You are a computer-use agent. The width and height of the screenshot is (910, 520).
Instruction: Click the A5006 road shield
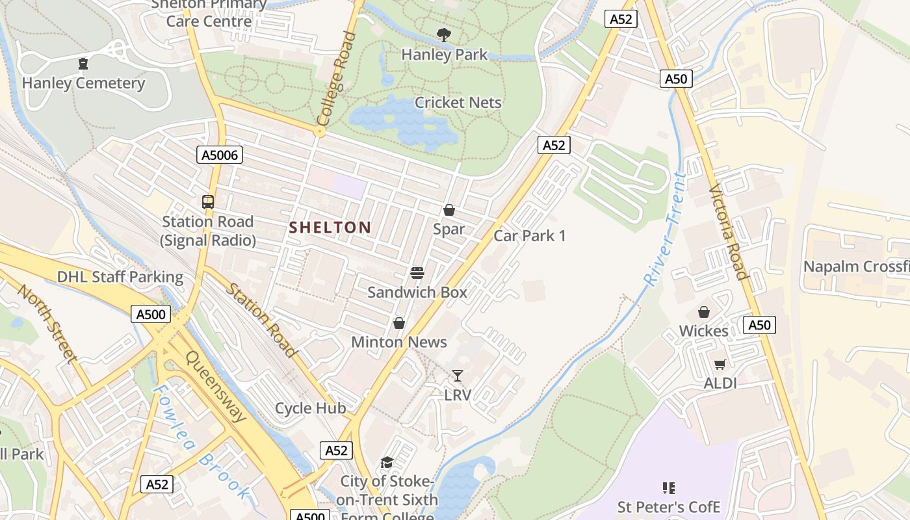[219, 155]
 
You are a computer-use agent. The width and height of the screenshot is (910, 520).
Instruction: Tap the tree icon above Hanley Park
[444, 35]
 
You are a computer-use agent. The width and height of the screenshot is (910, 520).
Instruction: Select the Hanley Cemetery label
[83, 83]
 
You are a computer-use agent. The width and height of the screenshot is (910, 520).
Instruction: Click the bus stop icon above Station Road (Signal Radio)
[208, 201]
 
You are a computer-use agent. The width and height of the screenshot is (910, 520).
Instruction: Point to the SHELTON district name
[330, 227]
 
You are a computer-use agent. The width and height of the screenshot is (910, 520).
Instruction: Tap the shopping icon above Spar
[448, 210]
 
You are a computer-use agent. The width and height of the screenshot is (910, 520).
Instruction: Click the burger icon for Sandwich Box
[417, 273]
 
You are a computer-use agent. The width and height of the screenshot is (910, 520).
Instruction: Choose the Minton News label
[399, 342]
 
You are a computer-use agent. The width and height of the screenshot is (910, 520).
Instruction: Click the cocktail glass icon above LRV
[458, 376]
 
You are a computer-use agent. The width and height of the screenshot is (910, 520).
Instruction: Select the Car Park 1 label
[530, 235]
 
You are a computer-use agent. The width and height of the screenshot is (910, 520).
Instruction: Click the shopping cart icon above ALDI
[720, 365]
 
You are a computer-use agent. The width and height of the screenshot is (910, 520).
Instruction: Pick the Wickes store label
[703, 331]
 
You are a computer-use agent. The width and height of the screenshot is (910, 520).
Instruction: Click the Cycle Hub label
[310, 408]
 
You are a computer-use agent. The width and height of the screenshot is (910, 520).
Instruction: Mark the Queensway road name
[216, 386]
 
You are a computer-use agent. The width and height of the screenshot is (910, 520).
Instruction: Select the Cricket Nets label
[458, 103]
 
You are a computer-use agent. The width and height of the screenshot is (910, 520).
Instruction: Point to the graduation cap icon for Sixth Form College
[387, 462]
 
